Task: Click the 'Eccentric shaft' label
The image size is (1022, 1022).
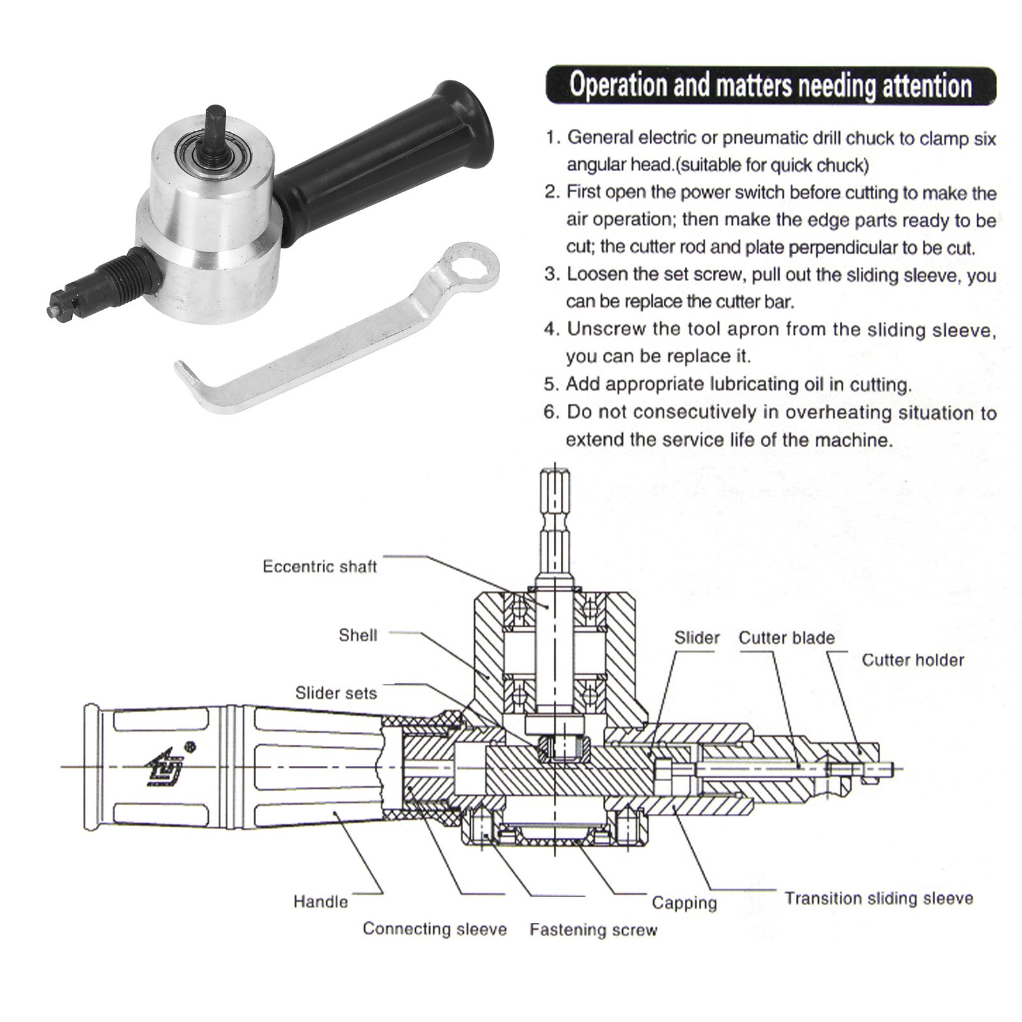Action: (320, 567)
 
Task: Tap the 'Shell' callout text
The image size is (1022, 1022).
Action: (358, 635)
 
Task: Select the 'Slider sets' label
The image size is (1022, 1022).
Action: (336, 693)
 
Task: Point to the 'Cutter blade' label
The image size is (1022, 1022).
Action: (786, 637)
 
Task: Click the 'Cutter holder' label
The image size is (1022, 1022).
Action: (913, 660)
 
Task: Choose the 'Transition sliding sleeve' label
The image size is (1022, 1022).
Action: (879, 898)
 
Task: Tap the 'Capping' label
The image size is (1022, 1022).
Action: (684, 903)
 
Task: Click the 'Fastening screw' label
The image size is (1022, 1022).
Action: (593, 929)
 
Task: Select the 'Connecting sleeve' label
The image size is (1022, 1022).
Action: (434, 928)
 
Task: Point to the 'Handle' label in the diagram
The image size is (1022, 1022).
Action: (321, 901)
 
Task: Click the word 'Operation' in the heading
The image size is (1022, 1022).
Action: (616, 85)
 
